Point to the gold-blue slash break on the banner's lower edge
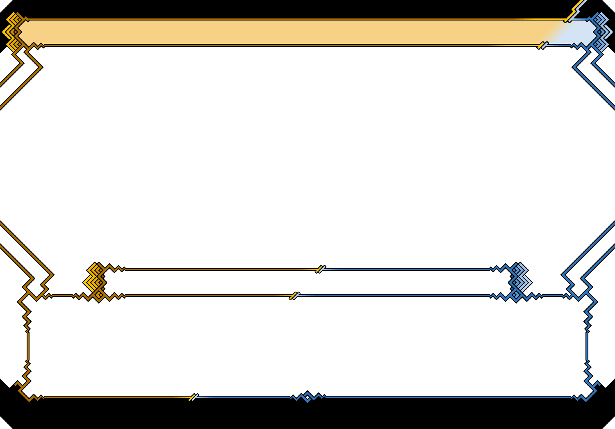pyautogui.click(x=542, y=45)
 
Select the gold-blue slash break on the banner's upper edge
pyautogui.click(x=569, y=19)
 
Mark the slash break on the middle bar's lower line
pyautogui.click(x=294, y=295)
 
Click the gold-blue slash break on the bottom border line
pyautogui.click(x=194, y=397)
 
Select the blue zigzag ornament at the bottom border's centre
pyautogui.click(x=307, y=396)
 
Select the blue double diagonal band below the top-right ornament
pyautogui.click(x=594, y=78)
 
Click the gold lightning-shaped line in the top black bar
pyautogui.click(x=576, y=8)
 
